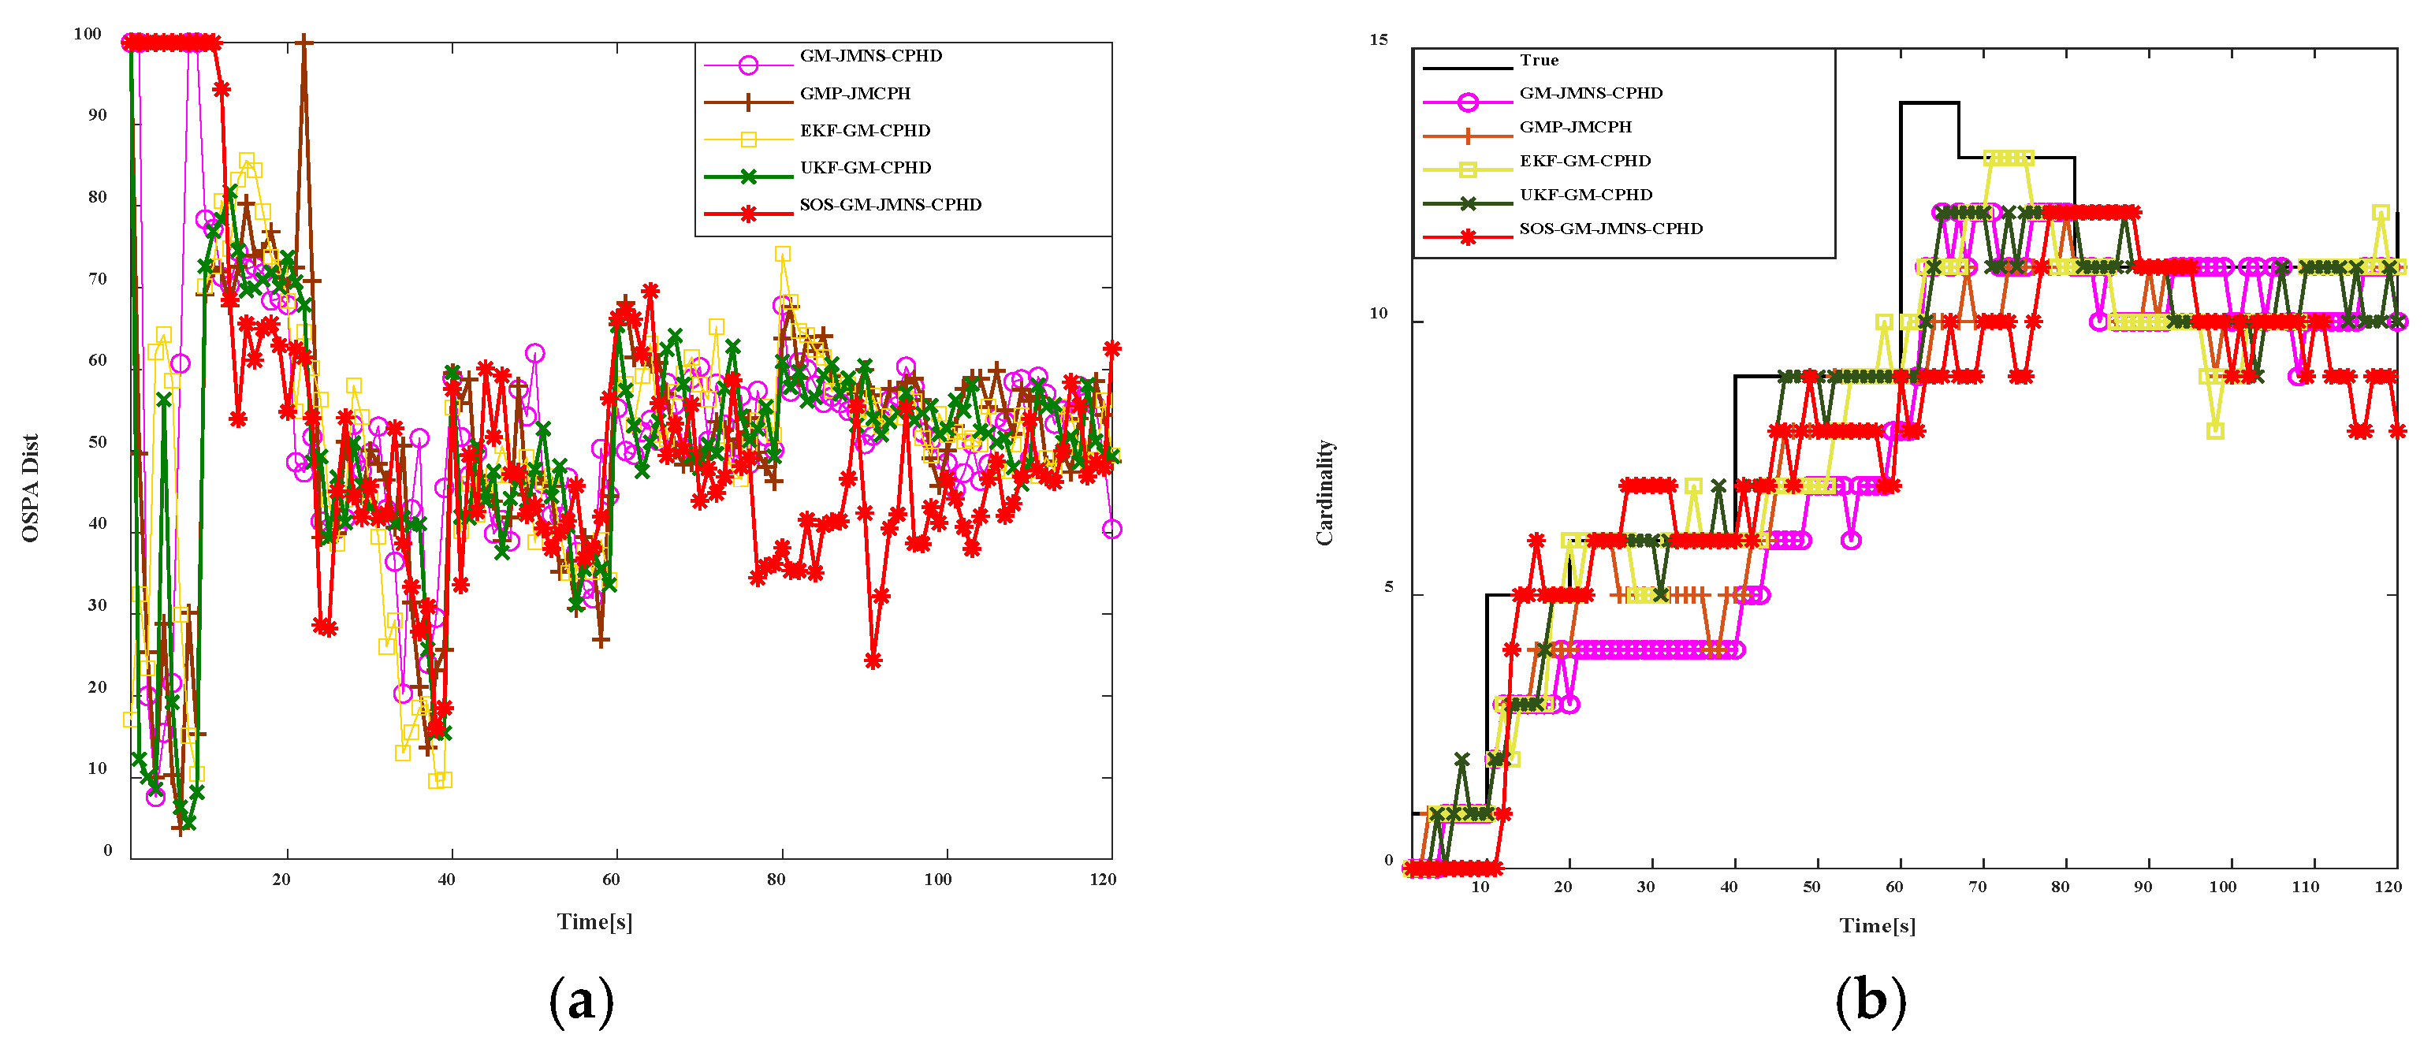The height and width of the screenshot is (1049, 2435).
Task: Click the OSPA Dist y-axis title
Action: (x=30, y=488)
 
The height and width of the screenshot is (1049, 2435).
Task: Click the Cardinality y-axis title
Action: (x=1324, y=493)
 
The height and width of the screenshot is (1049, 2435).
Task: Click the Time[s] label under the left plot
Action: (x=594, y=921)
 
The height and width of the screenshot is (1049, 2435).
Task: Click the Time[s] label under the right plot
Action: (x=1878, y=925)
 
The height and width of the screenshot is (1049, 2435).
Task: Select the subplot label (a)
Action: (x=580, y=1001)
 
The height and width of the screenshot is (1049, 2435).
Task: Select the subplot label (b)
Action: (x=1870, y=1001)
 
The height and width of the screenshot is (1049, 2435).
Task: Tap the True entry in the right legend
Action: (x=1539, y=61)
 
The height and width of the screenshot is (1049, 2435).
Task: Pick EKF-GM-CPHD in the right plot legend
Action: (x=1584, y=161)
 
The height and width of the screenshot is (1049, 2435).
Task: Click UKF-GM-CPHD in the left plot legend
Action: (x=865, y=167)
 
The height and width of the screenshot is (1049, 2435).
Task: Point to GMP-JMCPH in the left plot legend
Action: (x=854, y=94)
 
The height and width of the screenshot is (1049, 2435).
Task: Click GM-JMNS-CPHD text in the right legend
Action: (x=1590, y=93)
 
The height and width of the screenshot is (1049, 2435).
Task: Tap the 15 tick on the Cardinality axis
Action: (x=1378, y=39)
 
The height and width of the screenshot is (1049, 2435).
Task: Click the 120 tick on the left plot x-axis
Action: (x=1102, y=880)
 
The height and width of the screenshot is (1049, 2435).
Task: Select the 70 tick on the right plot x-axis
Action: (x=1976, y=887)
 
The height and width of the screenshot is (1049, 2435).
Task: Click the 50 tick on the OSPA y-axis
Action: (x=98, y=442)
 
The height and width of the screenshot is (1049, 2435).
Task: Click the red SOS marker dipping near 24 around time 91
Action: (x=873, y=660)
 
